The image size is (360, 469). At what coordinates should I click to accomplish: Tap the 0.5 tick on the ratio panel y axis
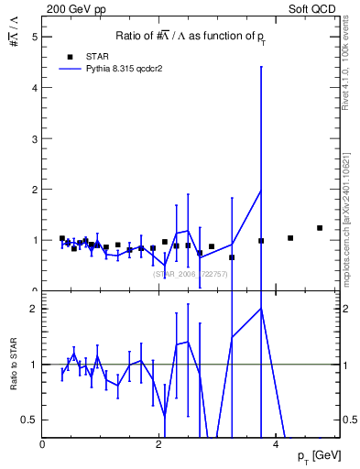[30, 420]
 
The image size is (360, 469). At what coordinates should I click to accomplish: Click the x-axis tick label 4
[278, 444]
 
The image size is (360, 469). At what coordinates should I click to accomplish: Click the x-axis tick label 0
[43, 444]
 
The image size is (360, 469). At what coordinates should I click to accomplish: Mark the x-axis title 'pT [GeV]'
[319, 456]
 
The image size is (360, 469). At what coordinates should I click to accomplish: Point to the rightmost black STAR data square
[320, 228]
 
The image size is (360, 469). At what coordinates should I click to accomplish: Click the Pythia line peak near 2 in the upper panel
[261, 191]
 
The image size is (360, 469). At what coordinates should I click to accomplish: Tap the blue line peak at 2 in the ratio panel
[261, 309]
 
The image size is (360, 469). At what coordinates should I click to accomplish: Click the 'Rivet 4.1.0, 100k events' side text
[351, 55]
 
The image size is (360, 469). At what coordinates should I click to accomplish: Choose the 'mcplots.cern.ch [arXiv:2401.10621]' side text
[351, 211]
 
